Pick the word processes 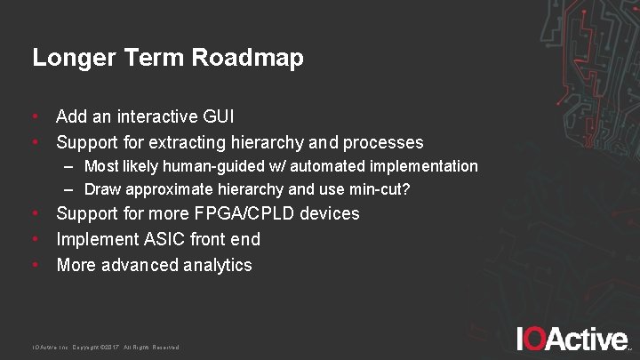pyautogui.click(x=383, y=142)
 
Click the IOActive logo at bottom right pyautogui.click(x=573, y=339)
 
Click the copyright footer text pyautogui.click(x=106, y=347)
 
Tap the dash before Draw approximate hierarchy pyautogui.click(x=68, y=188)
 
